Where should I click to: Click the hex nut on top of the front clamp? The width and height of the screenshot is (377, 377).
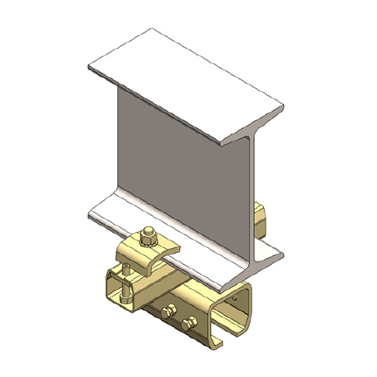pyautogui.click(x=148, y=236)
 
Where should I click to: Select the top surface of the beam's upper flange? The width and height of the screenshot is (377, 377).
pyautogui.click(x=184, y=84)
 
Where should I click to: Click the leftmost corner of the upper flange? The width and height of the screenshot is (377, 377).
pyautogui.click(x=87, y=66)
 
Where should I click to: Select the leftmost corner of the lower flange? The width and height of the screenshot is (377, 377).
pyautogui.click(x=87, y=216)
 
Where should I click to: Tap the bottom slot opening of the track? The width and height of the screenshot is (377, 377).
pyautogui.click(x=226, y=343)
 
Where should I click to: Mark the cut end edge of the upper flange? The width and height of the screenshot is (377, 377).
pyautogui.click(x=251, y=126)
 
